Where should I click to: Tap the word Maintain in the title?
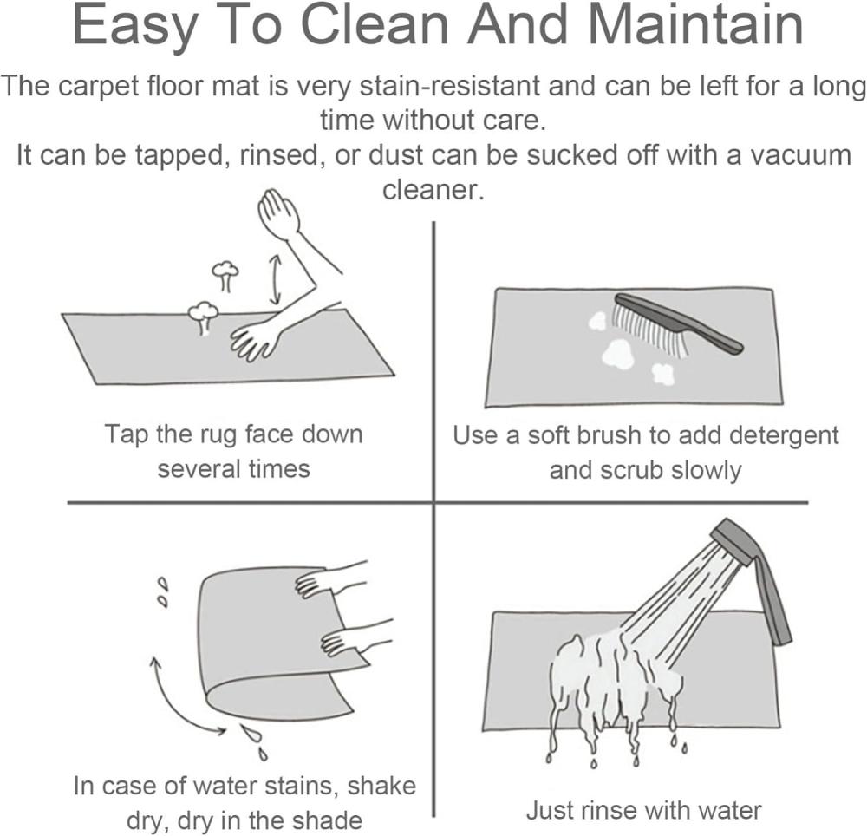(x=691, y=25)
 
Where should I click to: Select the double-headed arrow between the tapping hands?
(x=275, y=280)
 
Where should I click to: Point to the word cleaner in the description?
(x=433, y=190)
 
